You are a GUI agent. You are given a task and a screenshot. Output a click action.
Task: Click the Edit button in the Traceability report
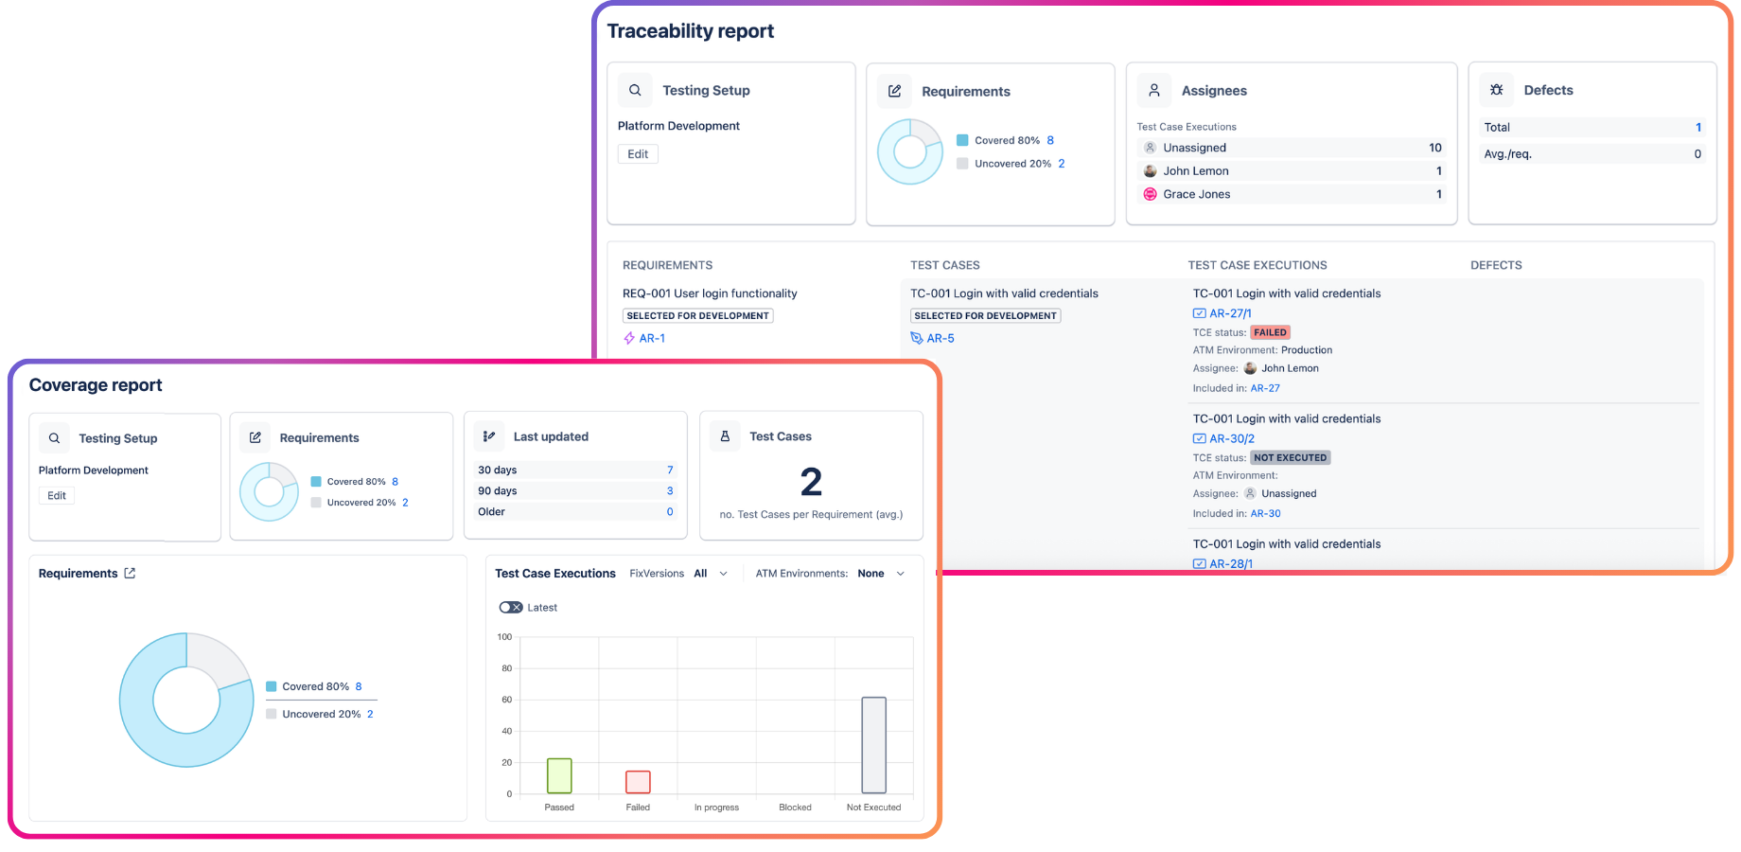638,154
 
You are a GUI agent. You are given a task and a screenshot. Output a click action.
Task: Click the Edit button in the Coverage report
57,495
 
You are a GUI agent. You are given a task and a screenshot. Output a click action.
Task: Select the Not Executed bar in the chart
873,745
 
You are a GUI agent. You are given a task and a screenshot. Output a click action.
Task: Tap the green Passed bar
559,775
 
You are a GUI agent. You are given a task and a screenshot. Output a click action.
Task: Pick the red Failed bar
638,782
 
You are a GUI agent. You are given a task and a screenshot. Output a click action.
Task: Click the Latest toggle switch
511,608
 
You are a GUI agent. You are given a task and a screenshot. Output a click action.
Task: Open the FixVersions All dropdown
711,574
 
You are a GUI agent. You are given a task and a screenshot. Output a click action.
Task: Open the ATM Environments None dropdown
881,574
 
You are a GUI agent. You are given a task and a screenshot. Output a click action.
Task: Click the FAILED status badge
1270,332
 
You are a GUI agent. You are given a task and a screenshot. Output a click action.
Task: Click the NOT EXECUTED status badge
1290,457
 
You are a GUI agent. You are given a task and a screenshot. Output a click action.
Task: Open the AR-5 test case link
940,338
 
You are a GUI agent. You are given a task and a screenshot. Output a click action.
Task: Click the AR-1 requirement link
652,338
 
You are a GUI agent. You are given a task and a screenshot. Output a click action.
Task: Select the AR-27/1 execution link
1230,313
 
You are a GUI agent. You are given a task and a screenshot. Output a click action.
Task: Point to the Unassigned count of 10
1434,148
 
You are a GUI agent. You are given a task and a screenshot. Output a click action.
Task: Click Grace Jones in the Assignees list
1196,194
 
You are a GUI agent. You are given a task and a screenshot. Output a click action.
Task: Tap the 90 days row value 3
670,490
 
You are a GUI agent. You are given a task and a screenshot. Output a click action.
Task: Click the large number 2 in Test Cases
811,482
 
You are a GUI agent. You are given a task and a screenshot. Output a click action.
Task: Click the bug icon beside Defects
1496,90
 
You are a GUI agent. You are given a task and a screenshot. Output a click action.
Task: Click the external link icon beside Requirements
130,574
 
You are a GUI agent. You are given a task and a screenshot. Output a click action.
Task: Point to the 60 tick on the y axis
506,700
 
